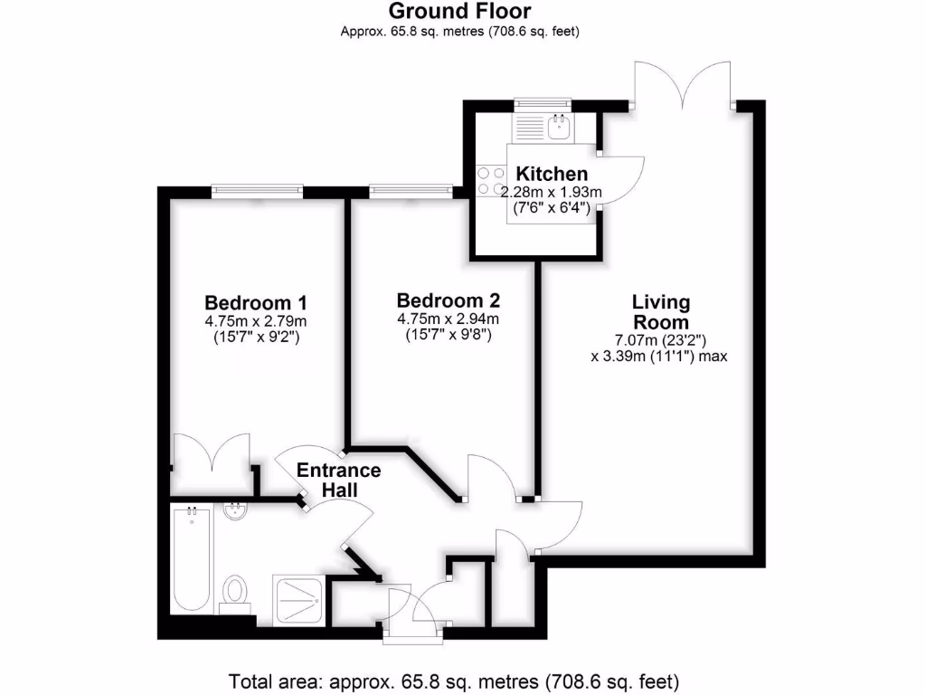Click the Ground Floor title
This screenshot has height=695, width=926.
pos(459,12)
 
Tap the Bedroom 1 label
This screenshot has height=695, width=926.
pos(256,301)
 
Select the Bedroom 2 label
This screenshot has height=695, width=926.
pos(449,300)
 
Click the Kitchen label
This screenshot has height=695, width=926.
pos(552,174)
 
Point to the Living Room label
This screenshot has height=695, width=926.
pos(661,311)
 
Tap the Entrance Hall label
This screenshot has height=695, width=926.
pos(339,480)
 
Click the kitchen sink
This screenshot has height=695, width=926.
pos(557,128)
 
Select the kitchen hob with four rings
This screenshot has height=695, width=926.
pos(490,179)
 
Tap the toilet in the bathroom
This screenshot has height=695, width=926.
pos(235,592)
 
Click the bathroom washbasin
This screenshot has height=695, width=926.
pos(235,513)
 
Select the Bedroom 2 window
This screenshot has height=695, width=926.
pos(410,190)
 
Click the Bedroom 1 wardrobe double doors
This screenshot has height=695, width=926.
pos(211,457)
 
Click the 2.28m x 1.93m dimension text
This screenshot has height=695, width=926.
pos(552,192)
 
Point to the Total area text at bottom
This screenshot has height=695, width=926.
pos(454,680)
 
